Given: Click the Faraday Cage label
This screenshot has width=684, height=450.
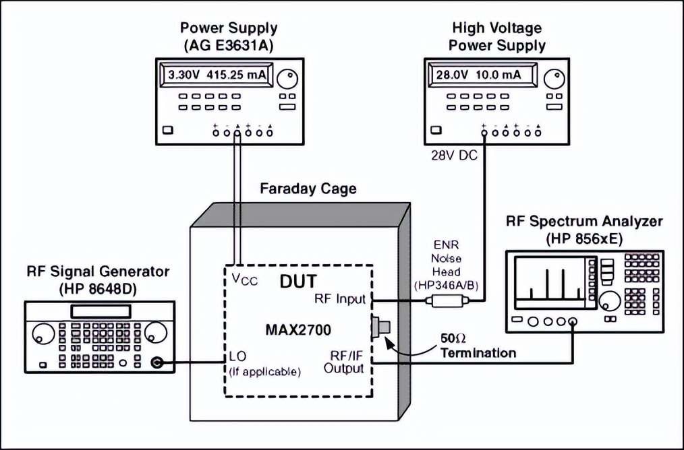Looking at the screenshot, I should [308, 189].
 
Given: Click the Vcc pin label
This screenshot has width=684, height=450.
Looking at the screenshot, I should [239, 279].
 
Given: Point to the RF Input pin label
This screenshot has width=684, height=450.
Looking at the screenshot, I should [340, 299].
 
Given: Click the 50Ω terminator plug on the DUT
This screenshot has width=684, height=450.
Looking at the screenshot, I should [380, 328].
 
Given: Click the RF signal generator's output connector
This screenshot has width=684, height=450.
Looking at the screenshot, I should [158, 363].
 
